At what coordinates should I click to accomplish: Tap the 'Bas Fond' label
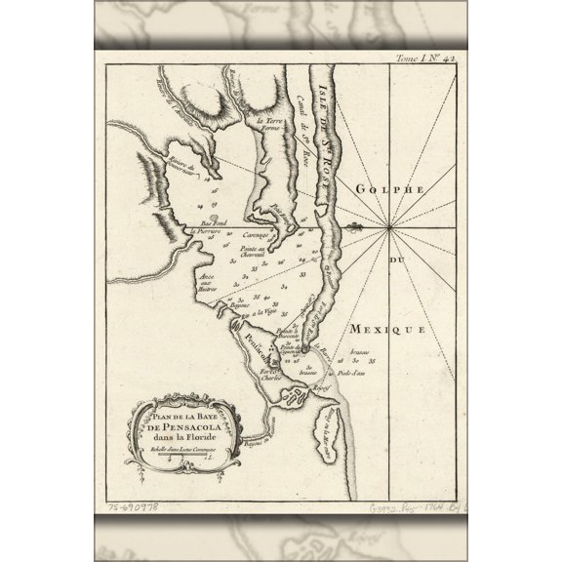[214, 222]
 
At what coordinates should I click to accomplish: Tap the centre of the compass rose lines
[388, 228]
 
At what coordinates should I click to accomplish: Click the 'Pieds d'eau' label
[348, 373]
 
